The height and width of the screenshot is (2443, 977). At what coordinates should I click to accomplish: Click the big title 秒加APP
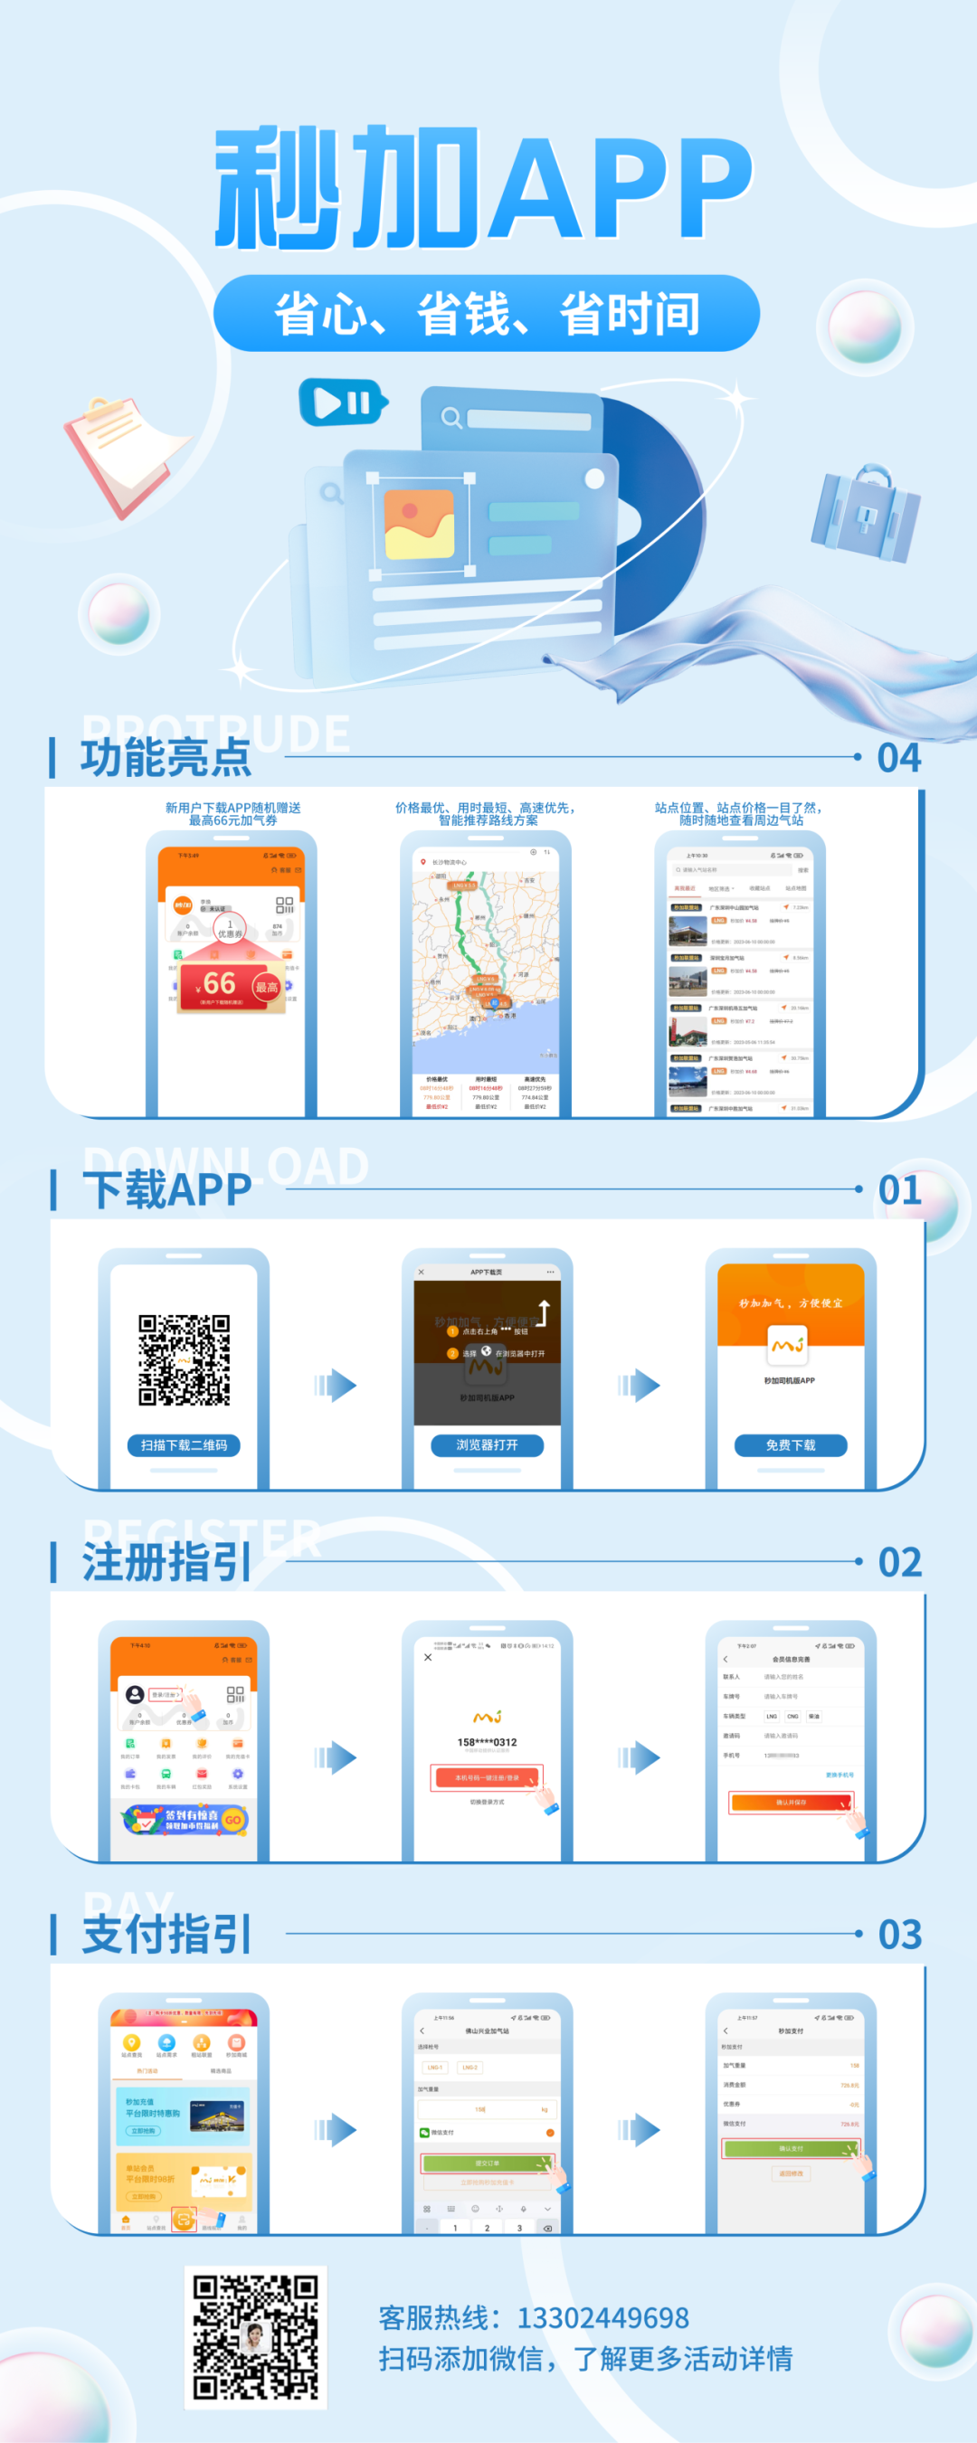pyautogui.click(x=484, y=187)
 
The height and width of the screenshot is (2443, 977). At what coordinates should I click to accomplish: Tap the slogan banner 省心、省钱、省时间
pyautogui.click(x=487, y=314)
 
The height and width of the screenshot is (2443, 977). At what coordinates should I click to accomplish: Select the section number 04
pyautogui.click(x=898, y=758)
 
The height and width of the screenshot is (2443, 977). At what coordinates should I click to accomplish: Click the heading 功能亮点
pyautogui.click(x=165, y=758)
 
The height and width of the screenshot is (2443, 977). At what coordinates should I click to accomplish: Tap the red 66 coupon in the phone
pyautogui.click(x=232, y=985)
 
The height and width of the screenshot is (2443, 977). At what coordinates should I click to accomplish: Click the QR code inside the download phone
pyautogui.click(x=184, y=1359)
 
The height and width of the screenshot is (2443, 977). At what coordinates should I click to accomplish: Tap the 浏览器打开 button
pyautogui.click(x=487, y=1445)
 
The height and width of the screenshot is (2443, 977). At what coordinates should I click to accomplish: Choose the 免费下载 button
pyautogui.click(x=790, y=1445)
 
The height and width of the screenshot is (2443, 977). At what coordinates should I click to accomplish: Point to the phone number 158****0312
pyautogui.click(x=487, y=1742)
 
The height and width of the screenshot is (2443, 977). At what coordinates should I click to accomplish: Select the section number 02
pyautogui.click(x=899, y=1562)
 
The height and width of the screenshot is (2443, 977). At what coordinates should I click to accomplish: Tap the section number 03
pyautogui.click(x=899, y=1934)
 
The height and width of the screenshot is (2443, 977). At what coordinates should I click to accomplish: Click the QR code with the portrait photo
pyautogui.click(x=255, y=2337)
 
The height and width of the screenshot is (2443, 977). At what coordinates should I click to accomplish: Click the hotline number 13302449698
pyautogui.click(x=602, y=2318)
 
